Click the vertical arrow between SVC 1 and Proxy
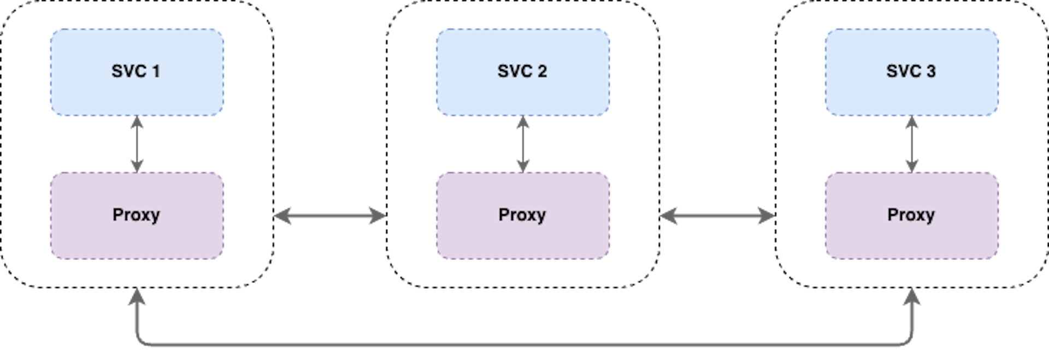pyautogui.click(x=137, y=144)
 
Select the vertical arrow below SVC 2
pyautogui.click(x=523, y=144)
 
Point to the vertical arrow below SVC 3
pyautogui.click(x=911, y=144)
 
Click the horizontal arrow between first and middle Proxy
pyautogui.click(x=329, y=216)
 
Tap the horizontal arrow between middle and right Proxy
pyautogui.click(x=716, y=216)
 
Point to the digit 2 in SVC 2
pyautogui.click(x=541, y=72)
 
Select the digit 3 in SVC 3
pyautogui.click(x=930, y=72)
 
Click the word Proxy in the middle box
pyautogui.click(x=522, y=215)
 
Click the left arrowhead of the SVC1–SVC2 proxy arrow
pyautogui.click(x=281, y=216)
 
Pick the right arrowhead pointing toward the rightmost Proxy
pyautogui.click(x=767, y=216)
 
